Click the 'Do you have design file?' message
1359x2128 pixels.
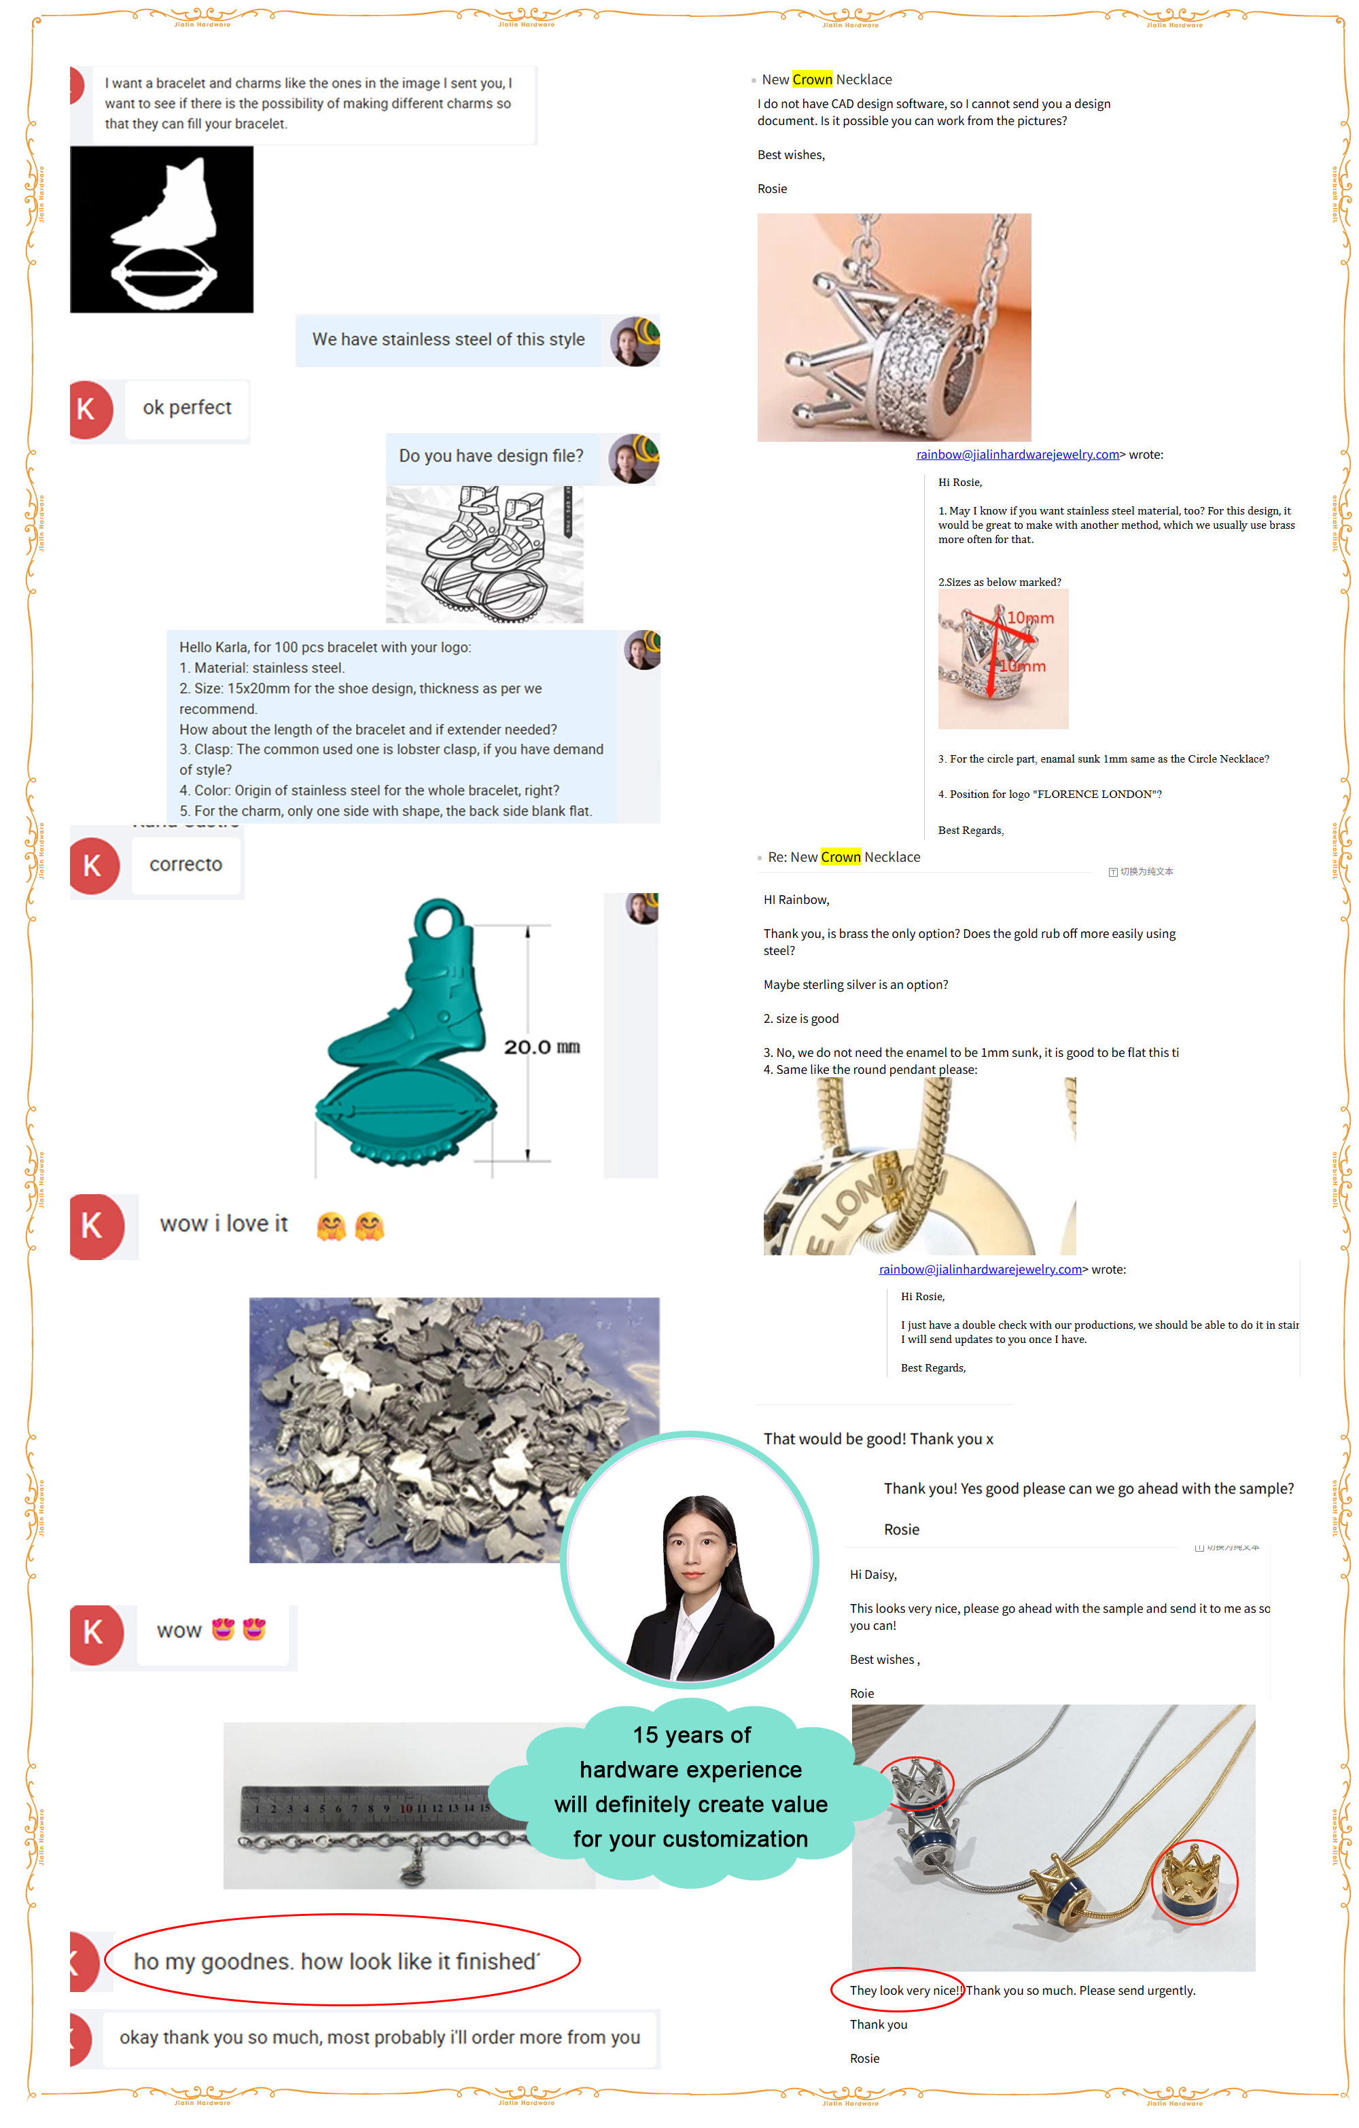(491, 456)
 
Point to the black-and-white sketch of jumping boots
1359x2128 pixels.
(484, 554)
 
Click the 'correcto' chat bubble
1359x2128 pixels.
(186, 865)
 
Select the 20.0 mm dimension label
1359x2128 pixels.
(541, 1047)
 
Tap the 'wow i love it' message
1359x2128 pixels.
(224, 1224)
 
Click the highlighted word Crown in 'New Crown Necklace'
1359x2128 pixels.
(812, 80)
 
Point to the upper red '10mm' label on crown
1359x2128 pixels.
(1030, 618)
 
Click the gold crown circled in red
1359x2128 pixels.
(1193, 1883)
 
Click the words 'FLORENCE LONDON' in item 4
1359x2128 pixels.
(1094, 795)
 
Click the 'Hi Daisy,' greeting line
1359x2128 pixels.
(873, 1575)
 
